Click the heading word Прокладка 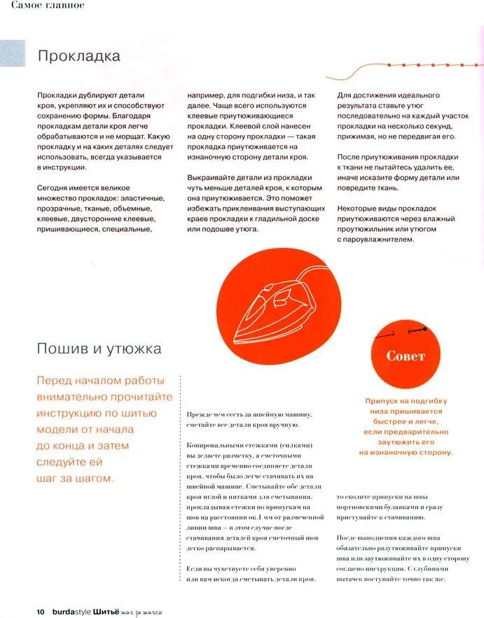pos(78,56)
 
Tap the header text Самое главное pos(43,6)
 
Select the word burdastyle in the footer pos(71,611)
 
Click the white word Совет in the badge pos(406,356)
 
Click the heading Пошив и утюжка pos(99,349)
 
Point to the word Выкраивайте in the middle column pos(210,178)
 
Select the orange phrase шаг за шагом pos(76,479)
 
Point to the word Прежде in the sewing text pos(199,415)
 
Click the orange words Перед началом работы pos(101,381)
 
